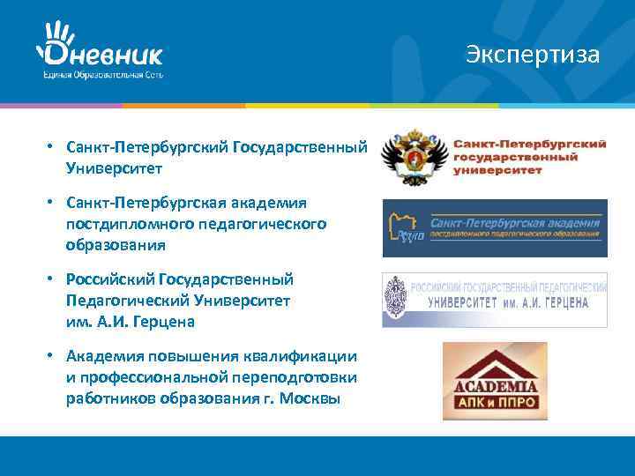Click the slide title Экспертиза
(534, 55)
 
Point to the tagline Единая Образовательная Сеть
(102, 75)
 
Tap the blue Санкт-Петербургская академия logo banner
(495, 228)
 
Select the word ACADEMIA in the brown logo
(495, 385)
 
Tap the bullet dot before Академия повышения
(53, 356)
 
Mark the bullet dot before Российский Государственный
(53, 279)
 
